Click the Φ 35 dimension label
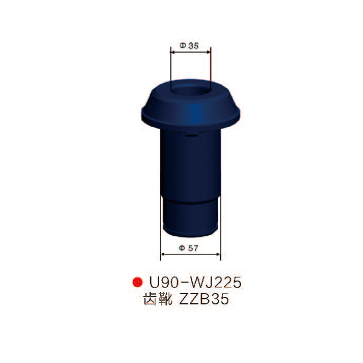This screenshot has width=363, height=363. (189, 46)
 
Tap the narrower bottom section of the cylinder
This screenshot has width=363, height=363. (189, 216)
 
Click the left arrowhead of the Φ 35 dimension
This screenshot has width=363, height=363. (172, 52)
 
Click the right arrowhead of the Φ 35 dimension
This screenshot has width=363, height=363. (209, 52)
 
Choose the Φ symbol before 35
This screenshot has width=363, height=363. (182, 46)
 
